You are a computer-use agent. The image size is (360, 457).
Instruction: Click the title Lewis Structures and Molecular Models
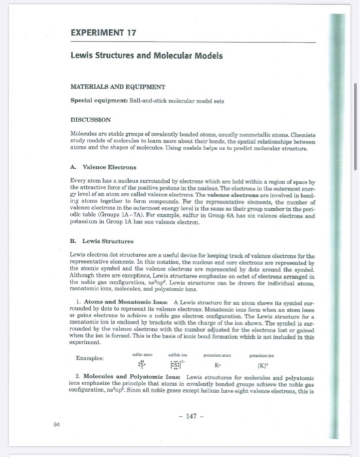click(146, 57)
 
